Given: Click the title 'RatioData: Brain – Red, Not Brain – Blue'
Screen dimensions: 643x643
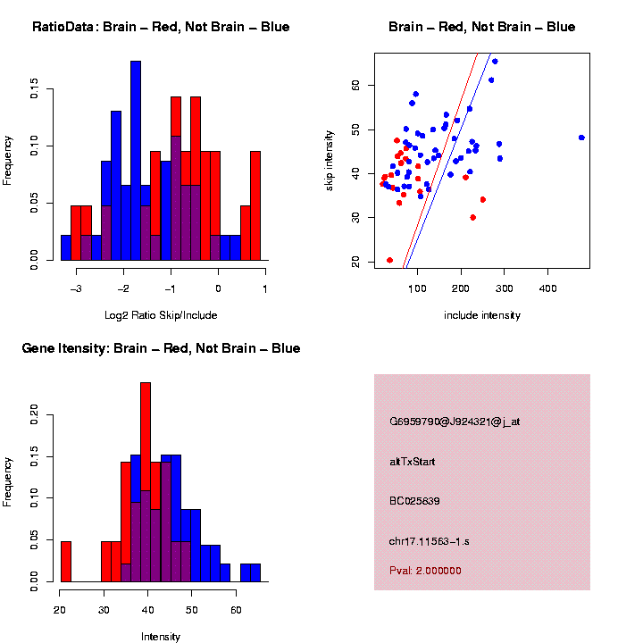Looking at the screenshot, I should coord(161,27).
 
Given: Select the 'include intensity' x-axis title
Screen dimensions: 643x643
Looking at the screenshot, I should coord(481,315).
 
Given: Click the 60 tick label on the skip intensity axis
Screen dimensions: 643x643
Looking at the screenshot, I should coord(355,85).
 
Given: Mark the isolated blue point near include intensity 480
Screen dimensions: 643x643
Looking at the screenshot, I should coord(581,138).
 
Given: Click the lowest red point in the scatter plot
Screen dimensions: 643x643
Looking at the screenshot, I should coord(389,260).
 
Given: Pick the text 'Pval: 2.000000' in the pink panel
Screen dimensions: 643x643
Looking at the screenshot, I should coord(425,571).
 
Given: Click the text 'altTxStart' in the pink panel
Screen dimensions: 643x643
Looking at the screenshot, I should coord(412,462).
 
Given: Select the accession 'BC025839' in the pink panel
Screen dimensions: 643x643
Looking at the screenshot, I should coord(414,501).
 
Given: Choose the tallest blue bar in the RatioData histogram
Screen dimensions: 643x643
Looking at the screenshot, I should coord(136,161).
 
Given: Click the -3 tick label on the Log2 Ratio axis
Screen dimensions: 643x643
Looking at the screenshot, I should coord(77,288).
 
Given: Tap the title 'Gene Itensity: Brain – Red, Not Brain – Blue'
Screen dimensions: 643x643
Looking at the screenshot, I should coord(161,348).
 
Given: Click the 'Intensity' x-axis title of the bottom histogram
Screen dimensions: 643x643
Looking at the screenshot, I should coord(161,637).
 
